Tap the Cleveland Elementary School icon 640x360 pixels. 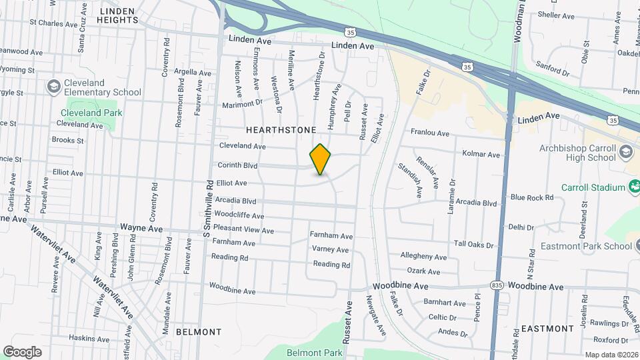53,87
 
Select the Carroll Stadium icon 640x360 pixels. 632,187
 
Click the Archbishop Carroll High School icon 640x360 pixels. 625,152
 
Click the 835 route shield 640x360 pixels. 495,285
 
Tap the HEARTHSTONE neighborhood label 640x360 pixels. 280,131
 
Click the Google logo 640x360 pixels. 22,352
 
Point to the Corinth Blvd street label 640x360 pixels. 237,165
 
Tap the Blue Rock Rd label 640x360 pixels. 531,197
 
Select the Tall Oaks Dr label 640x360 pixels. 473,245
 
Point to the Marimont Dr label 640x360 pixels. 243,104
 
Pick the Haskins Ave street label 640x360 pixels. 89,338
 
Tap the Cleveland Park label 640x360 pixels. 91,113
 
